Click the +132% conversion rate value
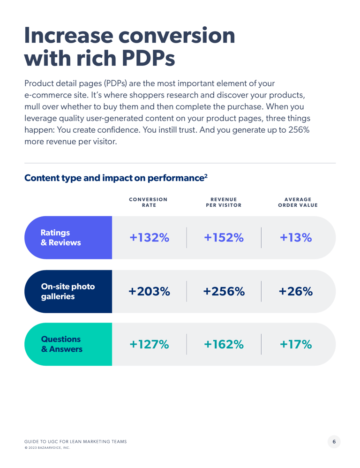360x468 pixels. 149,238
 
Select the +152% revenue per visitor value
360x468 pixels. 224,238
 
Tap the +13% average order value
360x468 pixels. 296,238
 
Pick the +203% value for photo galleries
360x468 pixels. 149,291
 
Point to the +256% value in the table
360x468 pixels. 224,291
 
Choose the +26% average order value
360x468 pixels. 296,291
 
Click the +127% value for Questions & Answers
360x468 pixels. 149,344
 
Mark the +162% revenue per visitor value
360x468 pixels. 224,344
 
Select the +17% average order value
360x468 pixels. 296,344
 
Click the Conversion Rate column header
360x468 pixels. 148,203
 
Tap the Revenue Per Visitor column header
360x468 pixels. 224,203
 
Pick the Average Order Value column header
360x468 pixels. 298,203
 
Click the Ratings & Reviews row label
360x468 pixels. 60,238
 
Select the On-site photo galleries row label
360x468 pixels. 68,291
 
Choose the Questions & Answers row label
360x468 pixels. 62,344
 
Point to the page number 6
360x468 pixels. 334,442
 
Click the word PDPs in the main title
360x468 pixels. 148,58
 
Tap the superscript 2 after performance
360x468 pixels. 206,175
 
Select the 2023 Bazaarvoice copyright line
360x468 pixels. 47,448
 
